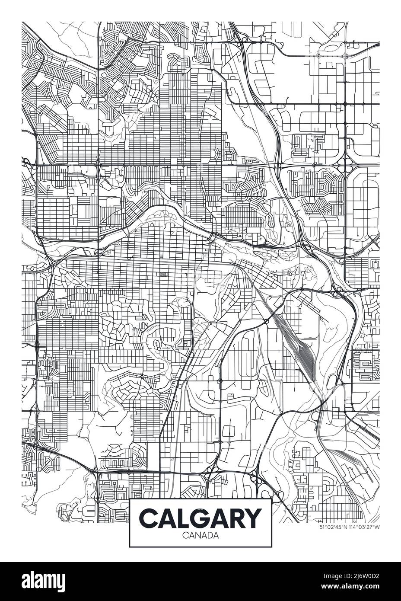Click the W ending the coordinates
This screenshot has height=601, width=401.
[377, 527]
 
